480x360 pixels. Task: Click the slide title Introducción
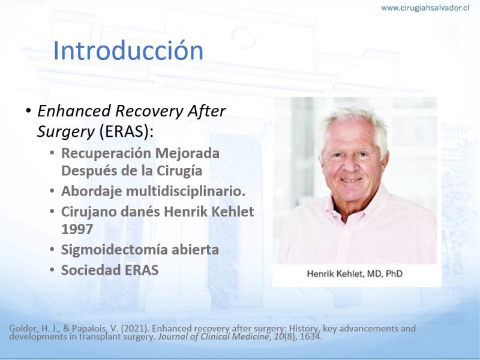[128, 50]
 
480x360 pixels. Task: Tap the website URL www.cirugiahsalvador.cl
[425, 8]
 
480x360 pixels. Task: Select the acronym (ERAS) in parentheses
[126, 131]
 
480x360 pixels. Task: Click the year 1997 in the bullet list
[77, 229]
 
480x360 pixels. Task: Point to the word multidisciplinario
[185, 191]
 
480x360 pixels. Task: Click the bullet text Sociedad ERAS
[110, 270]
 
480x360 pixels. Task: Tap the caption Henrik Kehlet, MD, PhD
[355, 274]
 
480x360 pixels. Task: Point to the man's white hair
[352, 121]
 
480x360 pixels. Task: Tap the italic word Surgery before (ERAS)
[66, 132]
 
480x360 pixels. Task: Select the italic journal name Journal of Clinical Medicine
[214, 337]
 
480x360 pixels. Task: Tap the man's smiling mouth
[351, 181]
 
